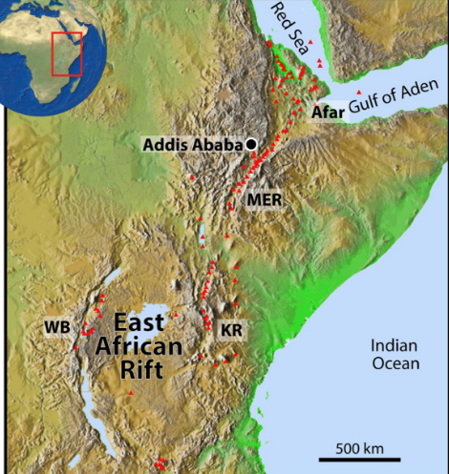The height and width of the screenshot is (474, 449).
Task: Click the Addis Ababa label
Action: point(191,145)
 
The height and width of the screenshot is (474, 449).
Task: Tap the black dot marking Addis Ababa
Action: point(250,144)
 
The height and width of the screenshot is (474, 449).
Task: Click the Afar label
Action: point(325,113)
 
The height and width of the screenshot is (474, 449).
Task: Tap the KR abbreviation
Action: point(230,331)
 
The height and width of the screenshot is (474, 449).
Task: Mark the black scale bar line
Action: point(359,460)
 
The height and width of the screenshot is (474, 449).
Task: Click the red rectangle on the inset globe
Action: point(67,53)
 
